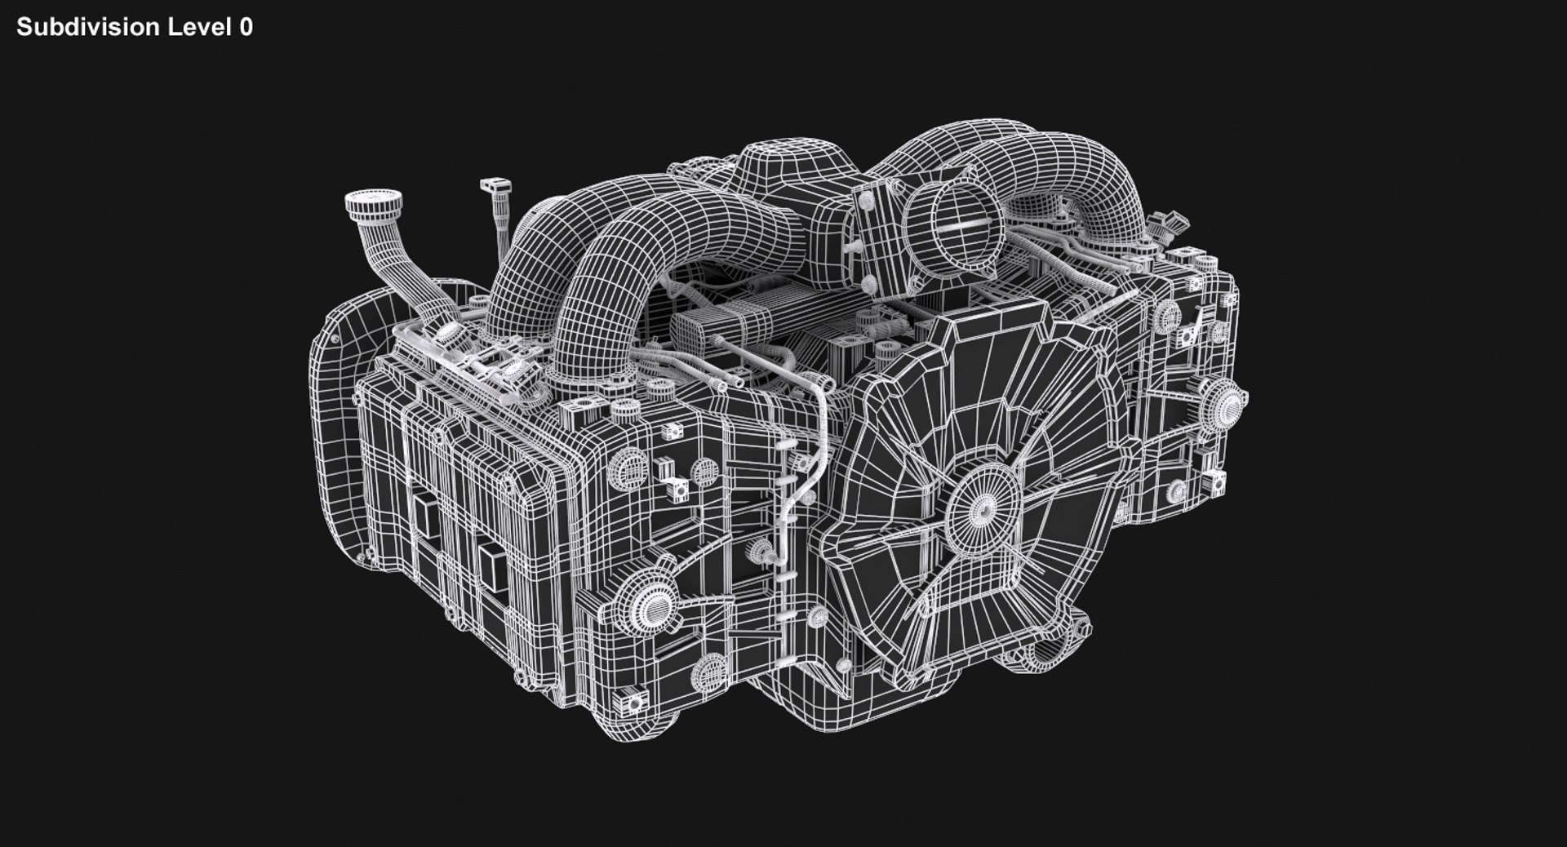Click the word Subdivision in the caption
click(87, 27)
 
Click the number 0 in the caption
click(246, 27)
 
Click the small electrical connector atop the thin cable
click(492, 188)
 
